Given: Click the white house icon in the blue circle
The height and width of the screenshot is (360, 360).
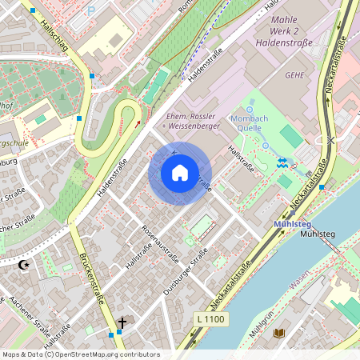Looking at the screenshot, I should coord(180,173).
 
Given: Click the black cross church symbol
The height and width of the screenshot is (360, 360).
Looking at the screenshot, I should coord(122,322).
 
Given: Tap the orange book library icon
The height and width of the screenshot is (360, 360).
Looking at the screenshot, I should coord(278,332).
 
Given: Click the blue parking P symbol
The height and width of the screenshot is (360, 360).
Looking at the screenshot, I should coord(90,10).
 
